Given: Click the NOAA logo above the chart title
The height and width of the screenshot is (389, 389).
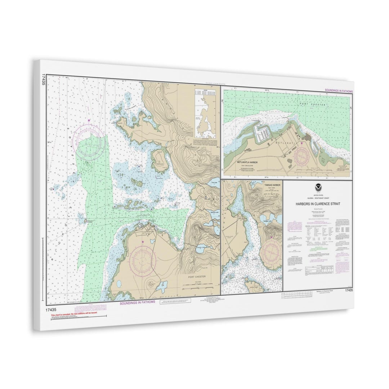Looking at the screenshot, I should tap(318, 187).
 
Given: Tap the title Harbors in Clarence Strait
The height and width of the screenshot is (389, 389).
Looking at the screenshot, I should tap(318, 204).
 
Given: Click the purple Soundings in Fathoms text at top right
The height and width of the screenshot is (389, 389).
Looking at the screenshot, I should tap(339, 91).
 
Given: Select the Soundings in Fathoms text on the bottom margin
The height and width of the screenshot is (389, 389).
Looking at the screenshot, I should tap(138, 302).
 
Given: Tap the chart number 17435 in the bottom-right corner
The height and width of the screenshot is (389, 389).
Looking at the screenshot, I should tap(348, 290).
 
